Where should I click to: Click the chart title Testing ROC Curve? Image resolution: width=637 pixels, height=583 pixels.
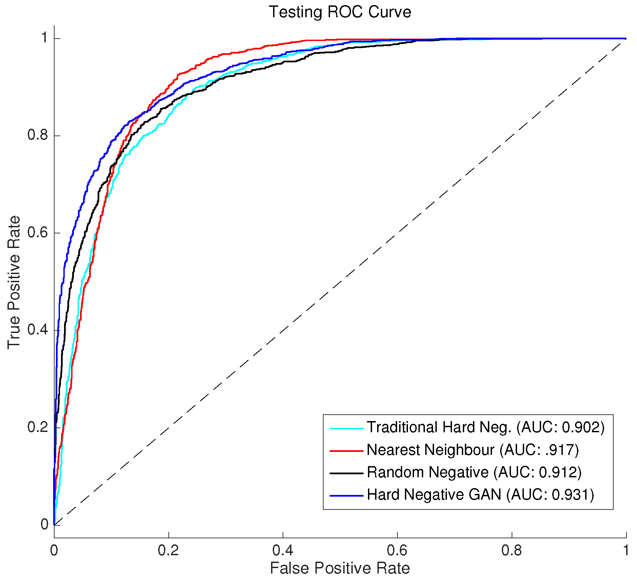point(340,12)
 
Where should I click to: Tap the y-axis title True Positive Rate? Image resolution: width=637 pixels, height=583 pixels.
point(14,282)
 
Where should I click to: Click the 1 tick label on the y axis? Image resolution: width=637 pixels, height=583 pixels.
point(44,38)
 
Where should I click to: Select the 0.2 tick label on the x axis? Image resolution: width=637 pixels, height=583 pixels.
point(168,550)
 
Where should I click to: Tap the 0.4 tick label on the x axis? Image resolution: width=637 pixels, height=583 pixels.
point(283,550)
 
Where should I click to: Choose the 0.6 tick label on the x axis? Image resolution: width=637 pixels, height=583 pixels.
point(397,550)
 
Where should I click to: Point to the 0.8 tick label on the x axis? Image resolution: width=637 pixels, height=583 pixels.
point(512,550)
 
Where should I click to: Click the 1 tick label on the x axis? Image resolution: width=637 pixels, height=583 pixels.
point(626,550)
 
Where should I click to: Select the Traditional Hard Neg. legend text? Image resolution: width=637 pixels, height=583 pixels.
point(439,428)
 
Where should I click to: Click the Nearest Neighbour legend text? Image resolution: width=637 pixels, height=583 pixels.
point(431,450)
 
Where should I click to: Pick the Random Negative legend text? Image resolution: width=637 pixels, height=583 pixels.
point(428,472)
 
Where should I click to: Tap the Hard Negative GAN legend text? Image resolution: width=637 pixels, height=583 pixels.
point(434,495)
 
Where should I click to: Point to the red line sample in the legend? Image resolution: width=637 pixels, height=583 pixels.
point(346,451)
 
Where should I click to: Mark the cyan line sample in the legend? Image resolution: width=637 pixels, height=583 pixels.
point(346,429)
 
